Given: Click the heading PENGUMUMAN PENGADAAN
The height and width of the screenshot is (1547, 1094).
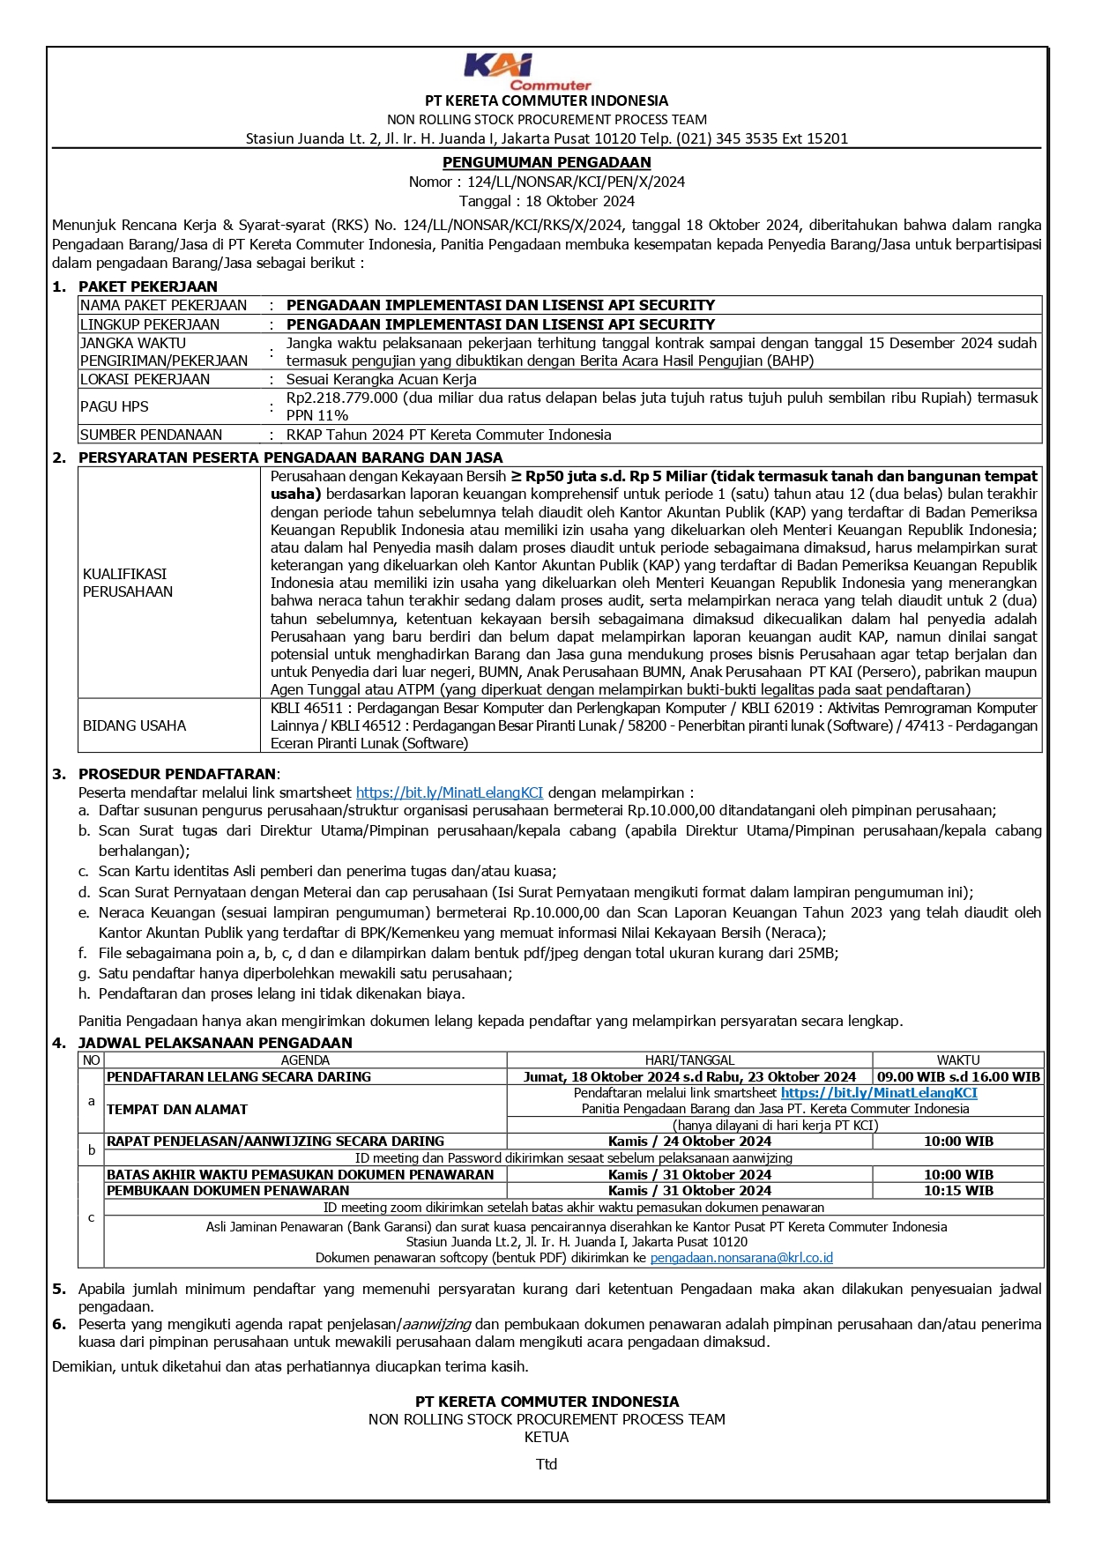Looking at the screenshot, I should point(547,162).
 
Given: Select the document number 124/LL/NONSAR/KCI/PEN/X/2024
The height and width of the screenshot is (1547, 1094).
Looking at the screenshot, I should point(576,182).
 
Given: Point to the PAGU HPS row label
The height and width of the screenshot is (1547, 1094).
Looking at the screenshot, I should point(115,406).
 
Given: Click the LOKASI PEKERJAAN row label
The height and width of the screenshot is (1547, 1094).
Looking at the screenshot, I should point(145,379).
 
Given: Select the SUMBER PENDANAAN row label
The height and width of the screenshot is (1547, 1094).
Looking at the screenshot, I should point(151,435).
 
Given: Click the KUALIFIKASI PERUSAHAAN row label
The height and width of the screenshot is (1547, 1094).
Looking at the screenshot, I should point(128,583).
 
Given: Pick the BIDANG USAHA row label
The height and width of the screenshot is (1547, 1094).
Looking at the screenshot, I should point(134,725).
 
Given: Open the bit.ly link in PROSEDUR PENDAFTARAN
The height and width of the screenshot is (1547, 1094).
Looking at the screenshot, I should point(450,792).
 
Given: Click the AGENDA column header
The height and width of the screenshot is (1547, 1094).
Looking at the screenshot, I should point(305,1060).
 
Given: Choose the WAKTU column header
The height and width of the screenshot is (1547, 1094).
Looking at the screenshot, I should point(958,1060).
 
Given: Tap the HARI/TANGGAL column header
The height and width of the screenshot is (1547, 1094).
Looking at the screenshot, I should point(689,1060).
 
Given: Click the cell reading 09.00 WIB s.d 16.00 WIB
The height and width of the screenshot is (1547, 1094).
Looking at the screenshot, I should point(958,1076).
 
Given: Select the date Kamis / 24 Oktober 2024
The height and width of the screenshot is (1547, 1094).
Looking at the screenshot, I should point(689,1141).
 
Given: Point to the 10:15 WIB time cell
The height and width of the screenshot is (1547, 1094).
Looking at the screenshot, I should point(958,1190).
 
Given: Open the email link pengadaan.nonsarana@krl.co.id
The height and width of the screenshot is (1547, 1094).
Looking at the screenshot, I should point(741,1258).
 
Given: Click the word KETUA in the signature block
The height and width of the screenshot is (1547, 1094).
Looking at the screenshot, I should point(547,1437).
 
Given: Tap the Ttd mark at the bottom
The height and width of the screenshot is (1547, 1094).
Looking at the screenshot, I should point(547,1464).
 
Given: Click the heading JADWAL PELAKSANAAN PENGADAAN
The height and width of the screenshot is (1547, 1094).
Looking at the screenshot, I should point(215,1043).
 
